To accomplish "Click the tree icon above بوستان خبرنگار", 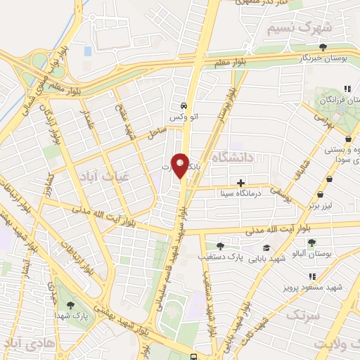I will coord(322,48).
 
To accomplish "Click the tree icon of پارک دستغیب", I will coord(220,246).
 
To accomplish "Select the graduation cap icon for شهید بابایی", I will coord(266,247).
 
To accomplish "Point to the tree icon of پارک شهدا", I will coord(70,304).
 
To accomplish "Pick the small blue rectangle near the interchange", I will coord(87,51).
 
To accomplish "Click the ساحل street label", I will coord(157,132).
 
